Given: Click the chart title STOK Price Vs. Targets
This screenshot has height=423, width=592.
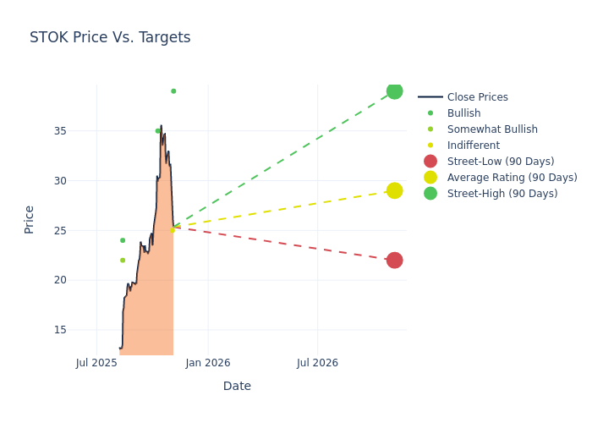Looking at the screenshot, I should [110, 37].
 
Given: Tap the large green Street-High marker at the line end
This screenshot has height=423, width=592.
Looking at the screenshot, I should [394, 91].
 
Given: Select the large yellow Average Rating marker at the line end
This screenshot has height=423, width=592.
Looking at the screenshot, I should [394, 190].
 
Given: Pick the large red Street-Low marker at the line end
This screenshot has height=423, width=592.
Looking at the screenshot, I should [394, 260].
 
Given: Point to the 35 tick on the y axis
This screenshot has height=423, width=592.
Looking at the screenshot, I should [60, 131].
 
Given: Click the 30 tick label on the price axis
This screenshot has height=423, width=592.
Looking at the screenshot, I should [60, 180].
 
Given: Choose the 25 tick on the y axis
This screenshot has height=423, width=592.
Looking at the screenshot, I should [60, 230].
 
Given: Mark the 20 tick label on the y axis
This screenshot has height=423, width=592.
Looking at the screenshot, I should [60, 280].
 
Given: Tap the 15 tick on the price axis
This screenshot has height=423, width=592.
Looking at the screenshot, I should [60, 330].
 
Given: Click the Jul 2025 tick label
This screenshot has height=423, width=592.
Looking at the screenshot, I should [96, 363].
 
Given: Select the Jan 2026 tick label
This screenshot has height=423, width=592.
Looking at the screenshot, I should [207, 363].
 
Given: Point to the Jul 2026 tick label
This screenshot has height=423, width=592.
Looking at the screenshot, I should [317, 363].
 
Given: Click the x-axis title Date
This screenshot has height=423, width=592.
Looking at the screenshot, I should [237, 386].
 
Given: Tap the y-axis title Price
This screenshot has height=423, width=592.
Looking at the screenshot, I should [30, 219].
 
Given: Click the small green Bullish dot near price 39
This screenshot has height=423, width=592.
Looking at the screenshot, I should [173, 91].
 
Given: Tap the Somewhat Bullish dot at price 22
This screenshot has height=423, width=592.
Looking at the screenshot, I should [123, 260].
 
